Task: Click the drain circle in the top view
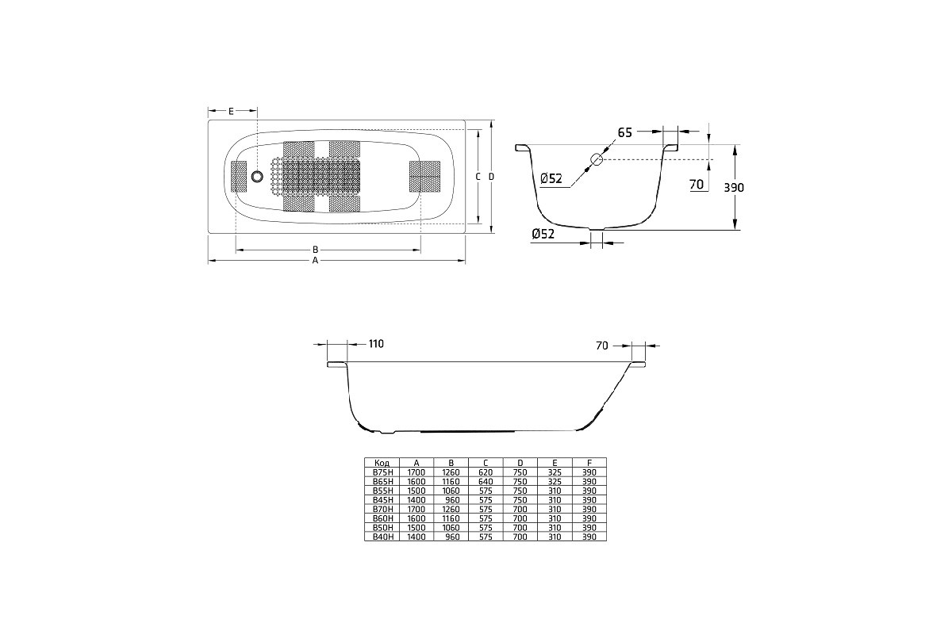[x=257, y=176]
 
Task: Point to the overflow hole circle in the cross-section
[x=597, y=159]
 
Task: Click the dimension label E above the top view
[x=231, y=111]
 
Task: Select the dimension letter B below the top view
[x=316, y=250]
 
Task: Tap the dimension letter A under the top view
[x=316, y=260]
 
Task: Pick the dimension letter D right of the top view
[x=491, y=176]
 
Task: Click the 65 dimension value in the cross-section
[x=625, y=132]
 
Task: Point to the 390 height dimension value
[x=734, y=187]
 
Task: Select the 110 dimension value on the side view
[x=376, y=343]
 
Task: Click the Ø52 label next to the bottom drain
[x=543, y=234]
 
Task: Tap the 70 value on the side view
[x=602, y=346]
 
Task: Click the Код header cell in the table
[x=382, y=463]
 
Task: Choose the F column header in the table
[x=589, y=463]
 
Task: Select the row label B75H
[x=383, y=472]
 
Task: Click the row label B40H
[x=383, y=537]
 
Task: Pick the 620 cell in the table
[x=486, y=472]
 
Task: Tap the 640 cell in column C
[x=486, y=482]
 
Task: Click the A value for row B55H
[x=416, y=491]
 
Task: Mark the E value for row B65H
[x=555, y=482]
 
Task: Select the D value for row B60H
[x=520, y=518]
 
